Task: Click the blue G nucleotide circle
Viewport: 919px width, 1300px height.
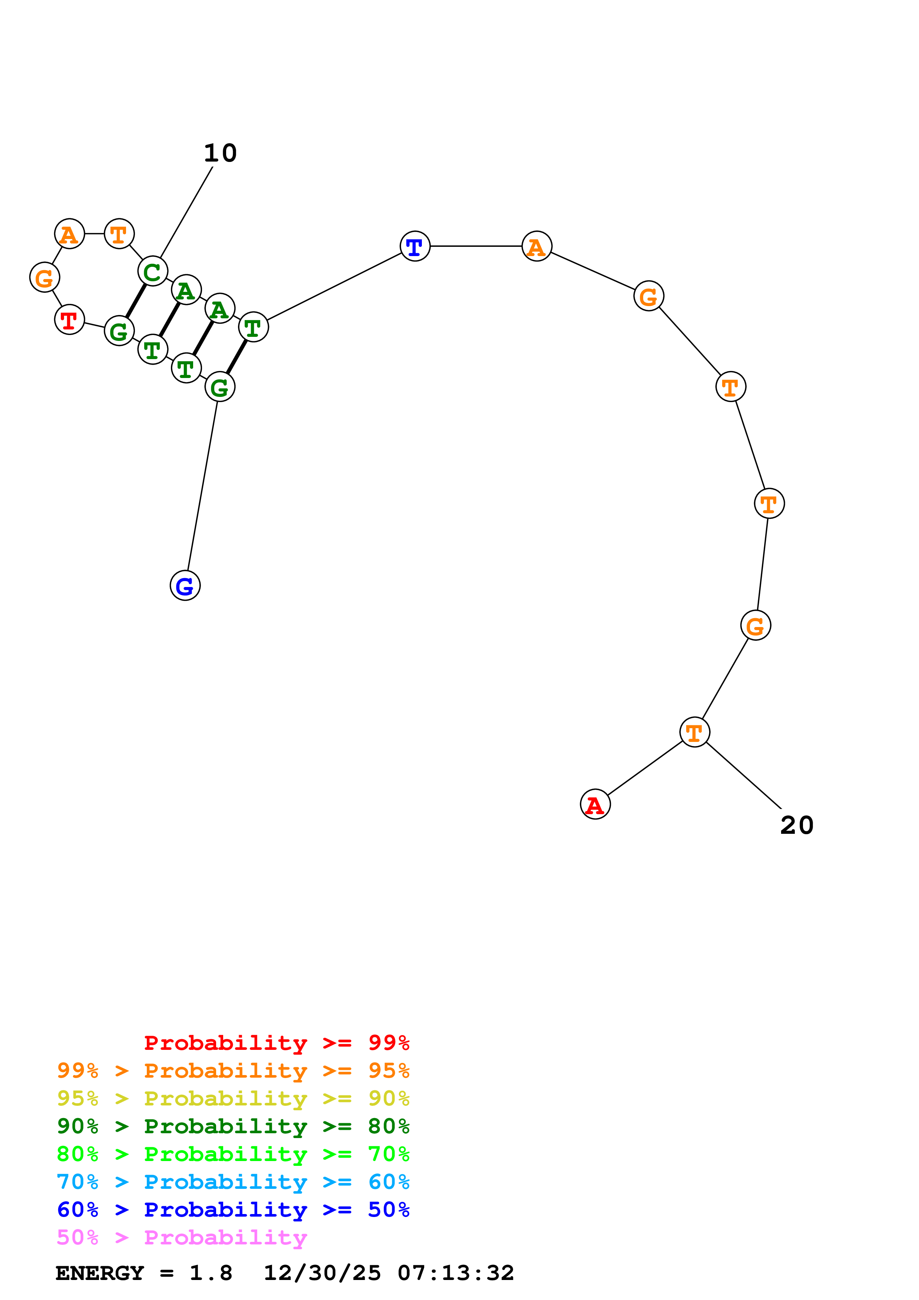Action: click(185, 586)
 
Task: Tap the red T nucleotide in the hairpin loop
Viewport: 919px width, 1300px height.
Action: click(69, 320)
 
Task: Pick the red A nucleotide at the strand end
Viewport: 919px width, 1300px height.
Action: click(595, 804)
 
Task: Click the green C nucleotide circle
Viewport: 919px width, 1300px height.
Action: click(152, 271)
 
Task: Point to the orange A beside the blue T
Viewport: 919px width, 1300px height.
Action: click(536, 246)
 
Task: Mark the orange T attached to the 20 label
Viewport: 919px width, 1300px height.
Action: click(694, 732)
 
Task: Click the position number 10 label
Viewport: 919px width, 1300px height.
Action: click(220, 153)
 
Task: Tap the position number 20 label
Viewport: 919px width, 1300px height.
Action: click(796, 825)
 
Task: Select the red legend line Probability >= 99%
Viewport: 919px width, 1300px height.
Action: click(276, 1042)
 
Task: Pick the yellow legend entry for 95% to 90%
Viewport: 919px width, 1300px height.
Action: click(233, 1098)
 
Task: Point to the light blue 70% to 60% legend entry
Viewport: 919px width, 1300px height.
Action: click(233, 1182)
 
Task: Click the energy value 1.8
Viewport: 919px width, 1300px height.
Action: click(211, 1273)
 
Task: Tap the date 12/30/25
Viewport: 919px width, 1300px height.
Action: click(322, 1273)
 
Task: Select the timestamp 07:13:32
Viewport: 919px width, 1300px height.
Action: click(456, 1273)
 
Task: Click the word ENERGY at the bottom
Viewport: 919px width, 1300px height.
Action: click(100, 1273)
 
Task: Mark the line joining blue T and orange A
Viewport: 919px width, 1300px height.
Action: click(476, 246)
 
